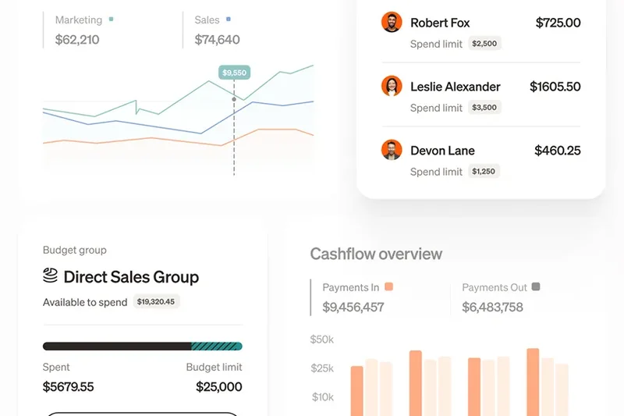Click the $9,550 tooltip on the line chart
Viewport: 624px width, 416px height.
point(234,73)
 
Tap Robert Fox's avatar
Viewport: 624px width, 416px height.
point(392,22)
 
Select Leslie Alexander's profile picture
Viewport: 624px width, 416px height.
point(392,86)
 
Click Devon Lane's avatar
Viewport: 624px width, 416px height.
point(392,150)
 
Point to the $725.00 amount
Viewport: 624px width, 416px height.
point(558,23)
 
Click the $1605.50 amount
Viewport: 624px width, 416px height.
point(555,87)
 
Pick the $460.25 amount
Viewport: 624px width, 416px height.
point(557,151)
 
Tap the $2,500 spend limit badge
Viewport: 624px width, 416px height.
point(484,44)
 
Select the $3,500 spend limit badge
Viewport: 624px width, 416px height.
point(484,108)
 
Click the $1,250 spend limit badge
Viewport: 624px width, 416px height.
point(484,172)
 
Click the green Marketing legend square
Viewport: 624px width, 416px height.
point(112,20)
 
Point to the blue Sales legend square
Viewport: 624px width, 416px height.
point(228,20)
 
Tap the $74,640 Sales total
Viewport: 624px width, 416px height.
point(217,39)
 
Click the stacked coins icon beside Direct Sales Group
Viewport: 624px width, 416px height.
point(51,276)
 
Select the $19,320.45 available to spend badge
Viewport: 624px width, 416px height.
point(156,301)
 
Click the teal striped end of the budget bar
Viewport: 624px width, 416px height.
point(217,346)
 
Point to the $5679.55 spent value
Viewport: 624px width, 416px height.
point(68,386)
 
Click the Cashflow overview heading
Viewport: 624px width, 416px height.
point(376,254)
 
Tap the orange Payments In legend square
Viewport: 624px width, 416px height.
point(388,287)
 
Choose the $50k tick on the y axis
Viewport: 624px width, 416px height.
point(322,340)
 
